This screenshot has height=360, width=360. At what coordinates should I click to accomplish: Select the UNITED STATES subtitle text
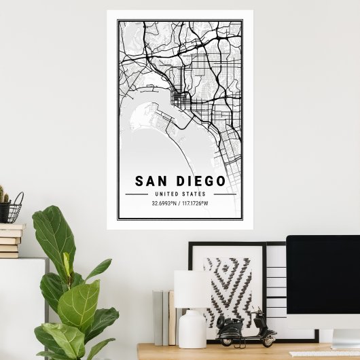point(180,194)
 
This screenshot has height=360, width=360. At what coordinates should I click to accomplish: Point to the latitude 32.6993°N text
point(165,202)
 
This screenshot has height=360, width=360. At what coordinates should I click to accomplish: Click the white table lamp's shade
point(191,289)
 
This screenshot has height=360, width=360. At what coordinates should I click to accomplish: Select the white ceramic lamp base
point(192,329)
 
